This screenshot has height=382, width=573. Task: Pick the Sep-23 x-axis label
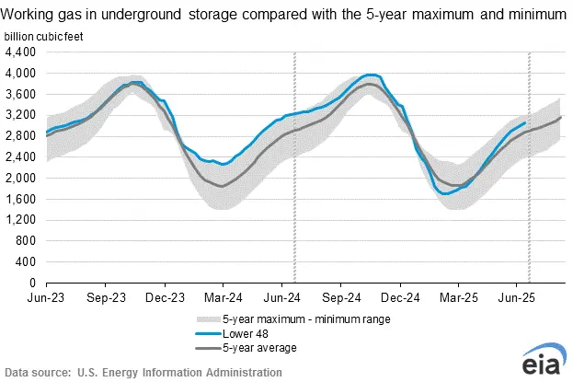(108, 298)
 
